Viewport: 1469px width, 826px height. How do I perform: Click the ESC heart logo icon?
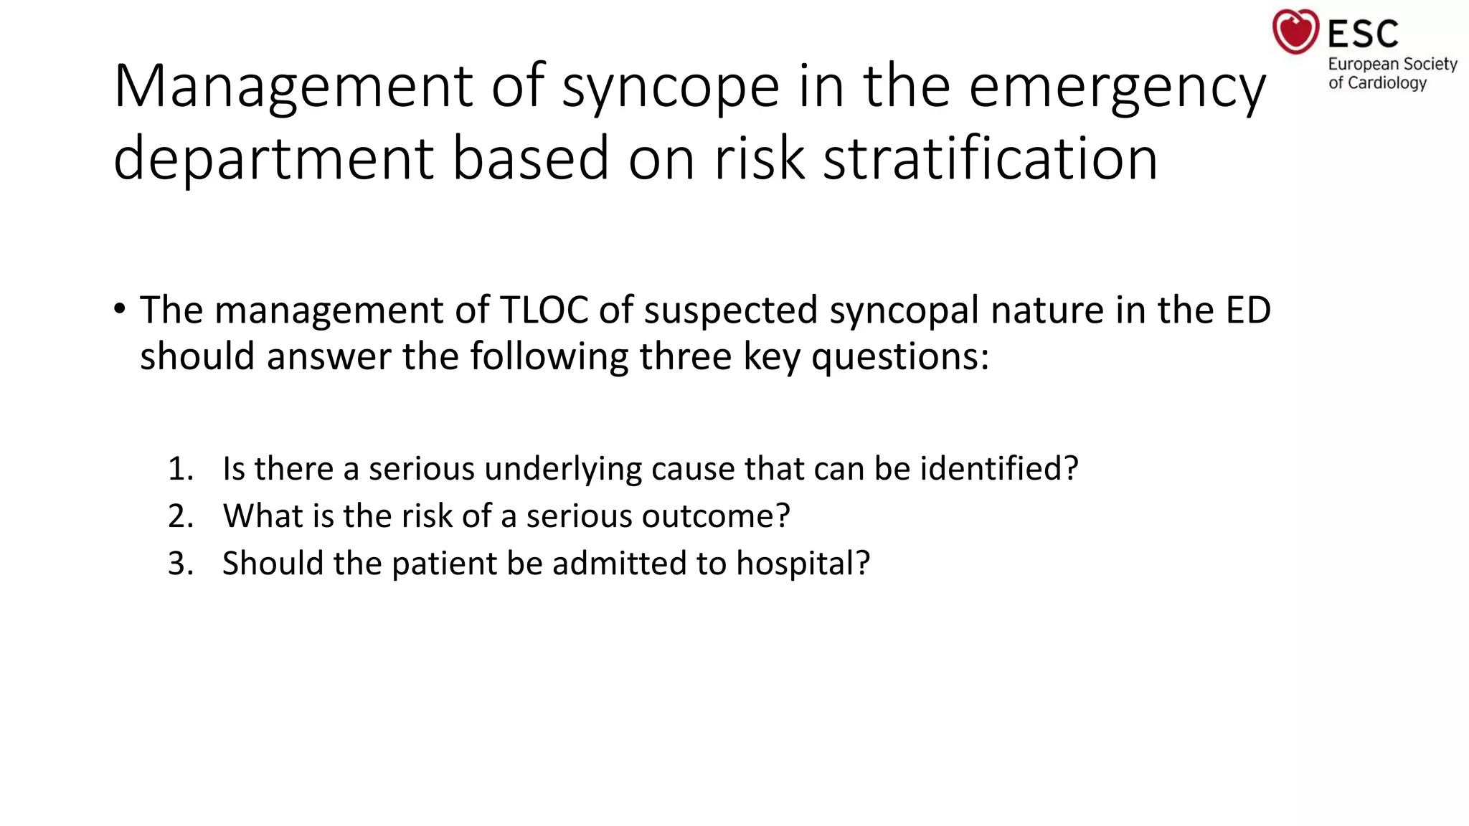[x=1295, y=32]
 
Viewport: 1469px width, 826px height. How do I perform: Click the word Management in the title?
[x=293, y=87]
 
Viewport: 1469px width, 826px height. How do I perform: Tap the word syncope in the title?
[x=671, y=87]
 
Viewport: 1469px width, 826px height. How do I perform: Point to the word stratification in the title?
[x=990, y=158]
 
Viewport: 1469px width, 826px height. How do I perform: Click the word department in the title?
[x=273, y=158]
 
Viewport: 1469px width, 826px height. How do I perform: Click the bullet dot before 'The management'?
[x=119, y=310]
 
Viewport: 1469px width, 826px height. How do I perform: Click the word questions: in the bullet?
[x=900, y=356]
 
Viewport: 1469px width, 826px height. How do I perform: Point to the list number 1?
[x=180, y=469]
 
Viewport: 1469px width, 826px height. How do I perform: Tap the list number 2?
[x=181, y=516]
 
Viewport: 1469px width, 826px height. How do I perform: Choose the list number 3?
[x=181, y=564]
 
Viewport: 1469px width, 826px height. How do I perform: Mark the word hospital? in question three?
[x=803, y=564]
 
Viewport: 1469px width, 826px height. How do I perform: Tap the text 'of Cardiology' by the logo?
[x=1377, y=83]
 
